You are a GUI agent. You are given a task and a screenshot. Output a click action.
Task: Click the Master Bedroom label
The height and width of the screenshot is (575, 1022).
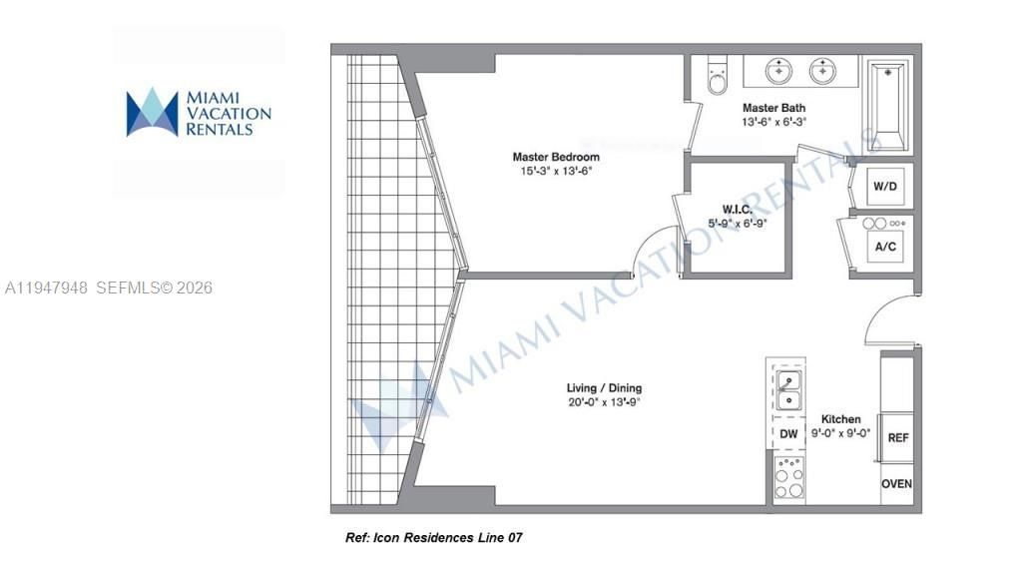pos(556,157)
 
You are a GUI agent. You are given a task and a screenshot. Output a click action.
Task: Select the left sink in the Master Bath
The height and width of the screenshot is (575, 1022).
pos(779,71)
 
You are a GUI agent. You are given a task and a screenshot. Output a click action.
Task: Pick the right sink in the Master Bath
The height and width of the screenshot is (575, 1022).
pos(823,71)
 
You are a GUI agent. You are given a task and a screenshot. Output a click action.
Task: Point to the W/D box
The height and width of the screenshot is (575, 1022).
pos(884,187)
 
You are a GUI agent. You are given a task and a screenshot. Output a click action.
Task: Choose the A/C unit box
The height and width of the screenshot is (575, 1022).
pos(884,246)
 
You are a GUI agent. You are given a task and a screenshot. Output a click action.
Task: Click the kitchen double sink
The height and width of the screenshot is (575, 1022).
pos(787,390)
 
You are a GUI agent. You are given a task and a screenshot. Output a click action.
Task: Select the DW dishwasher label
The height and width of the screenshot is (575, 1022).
pos(788,434)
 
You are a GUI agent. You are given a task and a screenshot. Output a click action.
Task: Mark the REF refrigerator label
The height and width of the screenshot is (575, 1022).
pos(898,438)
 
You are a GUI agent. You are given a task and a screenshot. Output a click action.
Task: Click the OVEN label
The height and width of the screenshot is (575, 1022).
pos(896,484)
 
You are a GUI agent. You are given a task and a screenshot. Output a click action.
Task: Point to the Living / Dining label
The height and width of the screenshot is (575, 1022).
pos(605,388)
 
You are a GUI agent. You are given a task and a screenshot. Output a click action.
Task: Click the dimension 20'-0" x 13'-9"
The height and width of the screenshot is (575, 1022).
pos(605,403)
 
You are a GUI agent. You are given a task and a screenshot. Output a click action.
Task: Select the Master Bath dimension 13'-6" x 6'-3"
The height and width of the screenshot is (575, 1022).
pos(773,122)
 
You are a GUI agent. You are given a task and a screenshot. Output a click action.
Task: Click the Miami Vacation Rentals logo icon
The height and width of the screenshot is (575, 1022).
pos(152,112)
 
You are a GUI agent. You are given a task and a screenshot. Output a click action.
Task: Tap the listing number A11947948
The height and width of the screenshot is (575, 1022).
pos(47,287)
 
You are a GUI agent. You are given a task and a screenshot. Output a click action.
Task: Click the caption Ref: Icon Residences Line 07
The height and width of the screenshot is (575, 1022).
pos(433,538)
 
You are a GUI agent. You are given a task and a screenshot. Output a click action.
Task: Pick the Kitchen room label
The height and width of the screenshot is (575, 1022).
pos(840,419)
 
